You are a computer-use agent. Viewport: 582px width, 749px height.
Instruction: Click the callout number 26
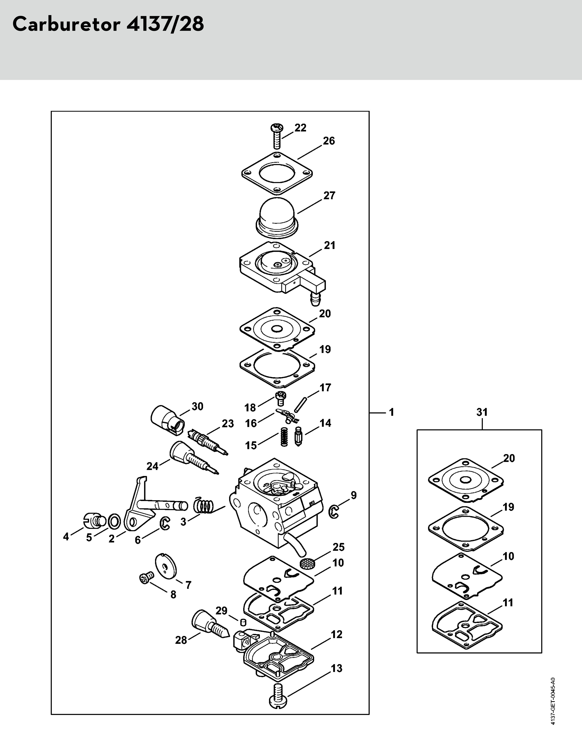[329, 141]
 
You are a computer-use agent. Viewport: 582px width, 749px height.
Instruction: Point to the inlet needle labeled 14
[297, 436]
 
